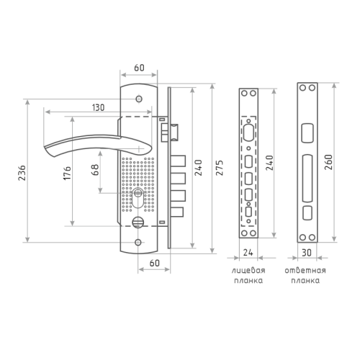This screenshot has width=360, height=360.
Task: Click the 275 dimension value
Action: coord(220,167)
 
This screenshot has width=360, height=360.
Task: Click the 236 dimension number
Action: coord(22,173)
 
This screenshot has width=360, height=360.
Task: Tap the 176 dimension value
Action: coord(67,173)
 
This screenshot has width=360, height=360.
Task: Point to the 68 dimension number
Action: coord(95,170)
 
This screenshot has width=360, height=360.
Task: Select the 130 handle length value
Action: coord(99,107)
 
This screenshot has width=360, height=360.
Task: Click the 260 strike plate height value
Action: coord(328,162)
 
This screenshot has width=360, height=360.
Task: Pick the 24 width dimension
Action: coord(248,253)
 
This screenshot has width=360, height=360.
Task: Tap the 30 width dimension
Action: coord(307,253)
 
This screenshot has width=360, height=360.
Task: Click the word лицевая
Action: coord(248,271)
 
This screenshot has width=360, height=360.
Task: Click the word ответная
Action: coord(305,271)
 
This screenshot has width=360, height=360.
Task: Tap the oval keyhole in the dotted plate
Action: coord(138,199)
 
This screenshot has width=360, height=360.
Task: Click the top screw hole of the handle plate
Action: coord(139,99)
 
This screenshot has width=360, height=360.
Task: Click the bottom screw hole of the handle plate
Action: coord(138,243)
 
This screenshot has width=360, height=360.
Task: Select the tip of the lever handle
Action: coord(45,146)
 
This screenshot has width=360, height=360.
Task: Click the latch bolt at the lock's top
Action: coord(174,132)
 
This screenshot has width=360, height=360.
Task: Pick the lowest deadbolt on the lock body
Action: coord(177,212)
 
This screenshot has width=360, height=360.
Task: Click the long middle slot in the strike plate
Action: coord(307,178)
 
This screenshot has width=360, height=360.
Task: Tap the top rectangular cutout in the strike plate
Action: coord(307,132)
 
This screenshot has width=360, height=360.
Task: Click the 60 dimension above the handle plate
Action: coord(139,68)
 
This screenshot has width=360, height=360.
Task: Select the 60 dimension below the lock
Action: coord(154,263)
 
